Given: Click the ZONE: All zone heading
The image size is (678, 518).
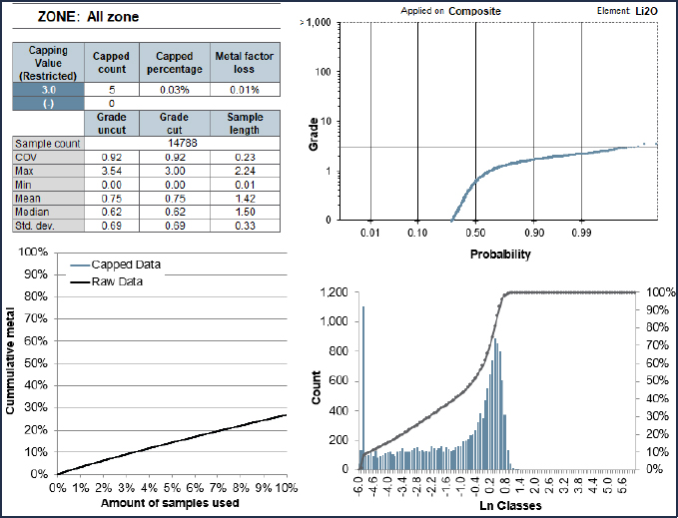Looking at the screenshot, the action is tap(88, 17).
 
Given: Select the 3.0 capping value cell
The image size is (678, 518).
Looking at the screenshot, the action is tap(48, 90).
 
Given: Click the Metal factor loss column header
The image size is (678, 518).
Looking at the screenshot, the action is tap(245, 63).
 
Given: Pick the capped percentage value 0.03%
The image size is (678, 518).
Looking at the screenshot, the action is tap(175, 90).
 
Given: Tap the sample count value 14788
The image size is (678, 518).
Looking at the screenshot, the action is tap(183, 143).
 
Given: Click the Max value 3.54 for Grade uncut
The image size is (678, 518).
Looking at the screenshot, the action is tap(112, 171).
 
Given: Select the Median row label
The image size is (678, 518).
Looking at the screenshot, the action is tap(32, 213).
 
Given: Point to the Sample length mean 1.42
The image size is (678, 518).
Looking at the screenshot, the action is tap(245, 199).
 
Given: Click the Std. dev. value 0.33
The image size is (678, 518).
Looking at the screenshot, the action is tap(245, 226).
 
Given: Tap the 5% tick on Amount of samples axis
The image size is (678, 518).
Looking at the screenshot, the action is tap(172, 488).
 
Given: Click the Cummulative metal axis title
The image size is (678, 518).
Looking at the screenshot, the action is tap(10, 360).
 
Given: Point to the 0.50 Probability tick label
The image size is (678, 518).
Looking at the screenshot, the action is tap(475, 233).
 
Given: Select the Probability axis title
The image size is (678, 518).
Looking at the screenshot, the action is tap(500, 255).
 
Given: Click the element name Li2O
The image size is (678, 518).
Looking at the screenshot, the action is tap(646, 11).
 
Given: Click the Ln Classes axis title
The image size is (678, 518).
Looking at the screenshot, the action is tap(510, 505).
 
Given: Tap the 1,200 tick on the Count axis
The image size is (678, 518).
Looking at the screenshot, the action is tap(334, 292).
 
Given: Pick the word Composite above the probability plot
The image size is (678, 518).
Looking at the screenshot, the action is tap(474, 11).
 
